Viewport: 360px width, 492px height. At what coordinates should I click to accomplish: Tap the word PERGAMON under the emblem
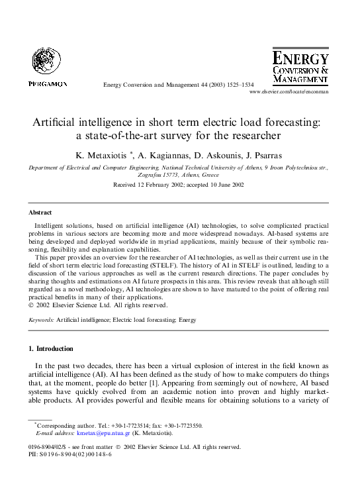[x=48, y=84]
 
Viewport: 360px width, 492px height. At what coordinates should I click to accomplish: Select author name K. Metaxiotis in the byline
[x=101, y=156]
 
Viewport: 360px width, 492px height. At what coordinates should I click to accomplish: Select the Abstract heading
[x=40, y=213]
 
